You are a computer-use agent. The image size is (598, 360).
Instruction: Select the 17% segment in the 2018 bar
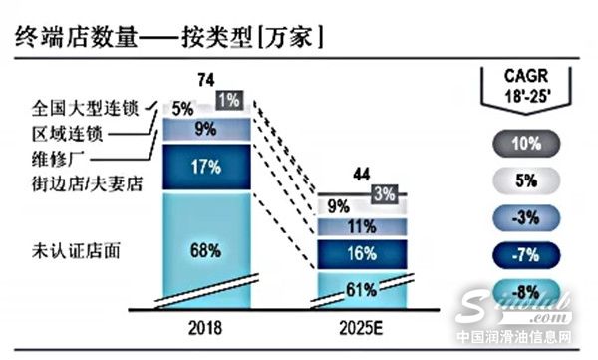coord(207,168)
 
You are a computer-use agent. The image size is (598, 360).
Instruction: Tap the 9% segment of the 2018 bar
coord(207,129)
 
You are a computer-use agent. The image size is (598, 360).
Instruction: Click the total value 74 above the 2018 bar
coord(207,81)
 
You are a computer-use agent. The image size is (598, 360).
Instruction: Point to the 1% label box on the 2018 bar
coord(227,100)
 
